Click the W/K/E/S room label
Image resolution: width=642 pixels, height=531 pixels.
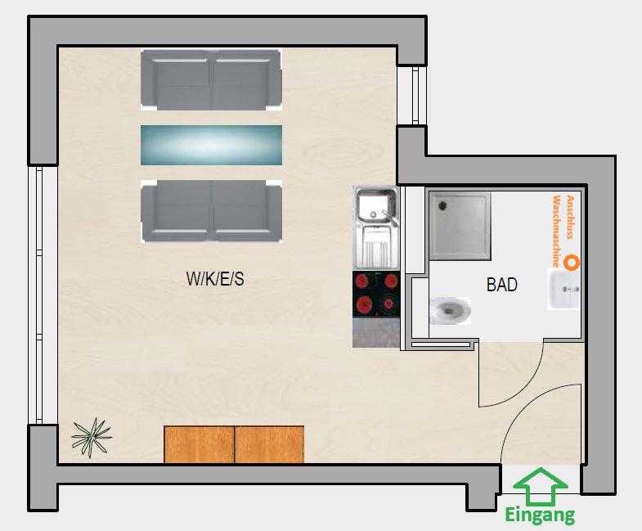point(215,279)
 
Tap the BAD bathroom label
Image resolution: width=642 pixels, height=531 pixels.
point(502,285)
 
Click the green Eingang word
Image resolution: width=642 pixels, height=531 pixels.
point(540,515)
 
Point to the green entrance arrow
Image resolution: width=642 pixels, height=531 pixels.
point(541,486)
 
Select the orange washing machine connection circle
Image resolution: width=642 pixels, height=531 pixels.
point(571,262)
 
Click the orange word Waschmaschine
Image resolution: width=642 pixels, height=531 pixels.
point(556,232)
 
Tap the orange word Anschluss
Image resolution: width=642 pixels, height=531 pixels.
point(569,217)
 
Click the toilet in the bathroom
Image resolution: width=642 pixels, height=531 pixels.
point(450,311)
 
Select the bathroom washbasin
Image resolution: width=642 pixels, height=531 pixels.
point(563,290)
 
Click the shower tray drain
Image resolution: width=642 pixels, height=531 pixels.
point(442,205)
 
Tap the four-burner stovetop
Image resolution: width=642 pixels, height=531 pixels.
point(376,295)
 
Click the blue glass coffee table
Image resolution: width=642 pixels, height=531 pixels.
point(211,145)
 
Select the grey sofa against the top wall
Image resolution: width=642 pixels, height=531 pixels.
point(211,80)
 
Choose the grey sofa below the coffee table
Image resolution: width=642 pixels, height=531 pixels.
point(211,211)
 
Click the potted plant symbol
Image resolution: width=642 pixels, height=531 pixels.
point(91,438)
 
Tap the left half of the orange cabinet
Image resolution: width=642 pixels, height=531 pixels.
point(199,444)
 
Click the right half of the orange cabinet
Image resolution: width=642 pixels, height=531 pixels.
point(269,444)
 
